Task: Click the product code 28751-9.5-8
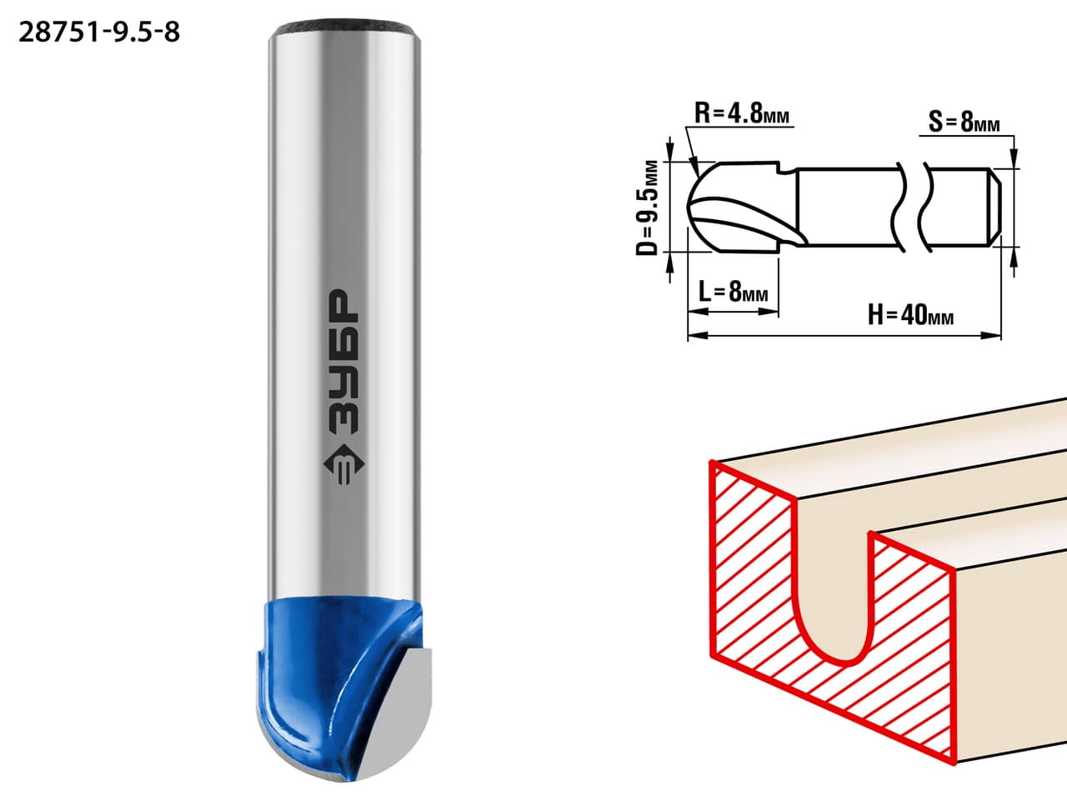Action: point(99,33)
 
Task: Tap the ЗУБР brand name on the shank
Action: point(343,361)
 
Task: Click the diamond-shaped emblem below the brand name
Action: point(343,464)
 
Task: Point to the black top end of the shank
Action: point(344,28)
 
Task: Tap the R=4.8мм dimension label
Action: point(742,113)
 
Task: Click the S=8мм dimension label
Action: point(964,121)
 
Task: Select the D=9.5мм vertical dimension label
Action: point(648,208)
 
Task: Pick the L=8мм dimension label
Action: point(734,291)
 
